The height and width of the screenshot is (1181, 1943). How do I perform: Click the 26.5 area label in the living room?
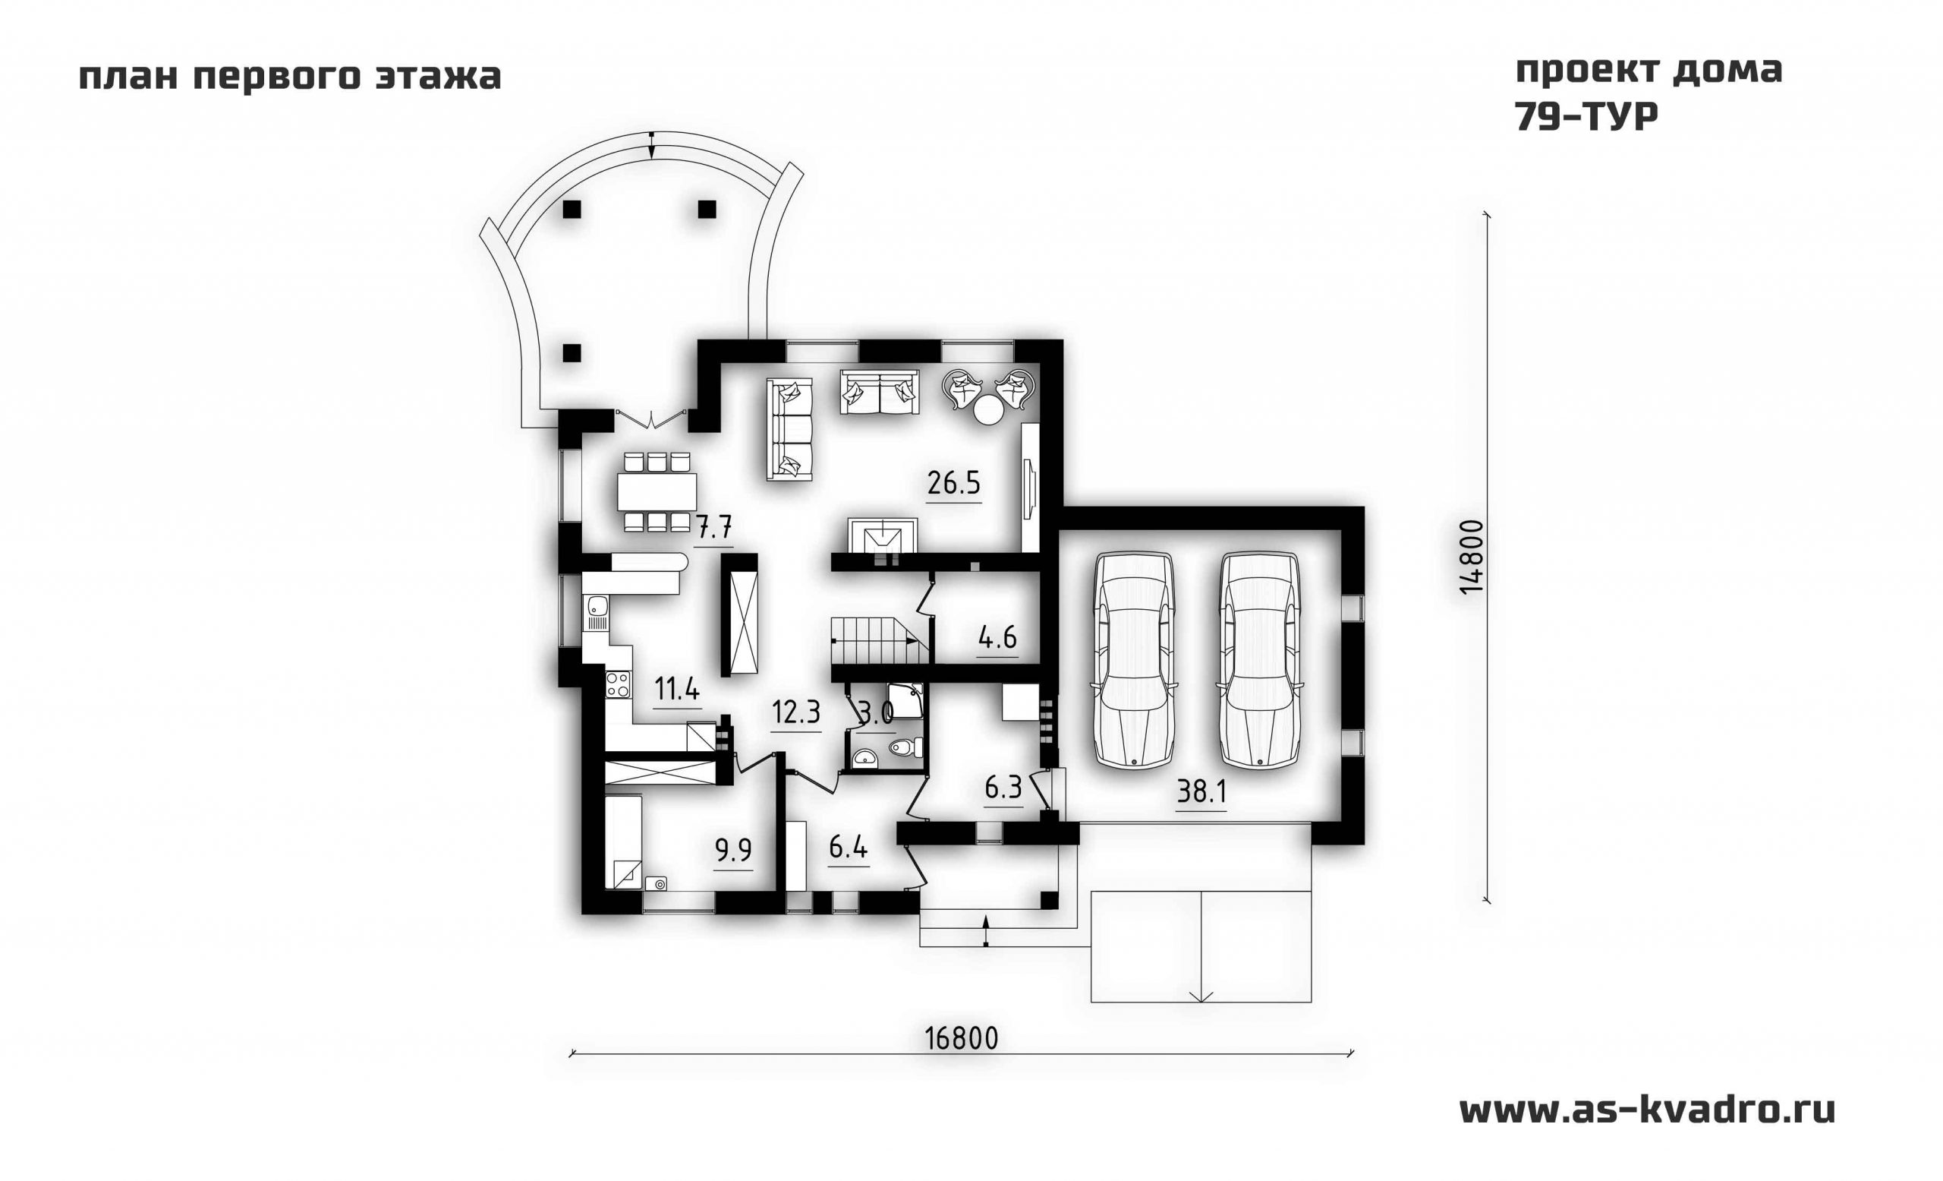953,483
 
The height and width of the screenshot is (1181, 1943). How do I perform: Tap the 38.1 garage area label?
1201,791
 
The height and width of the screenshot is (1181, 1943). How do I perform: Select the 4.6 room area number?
997,636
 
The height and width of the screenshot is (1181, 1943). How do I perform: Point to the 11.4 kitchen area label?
677,690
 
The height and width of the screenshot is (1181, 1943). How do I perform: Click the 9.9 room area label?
732,851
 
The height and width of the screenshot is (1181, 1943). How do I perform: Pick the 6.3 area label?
1003,787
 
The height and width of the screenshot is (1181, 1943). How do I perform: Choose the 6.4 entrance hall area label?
849,848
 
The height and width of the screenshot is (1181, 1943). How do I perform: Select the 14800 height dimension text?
1472,557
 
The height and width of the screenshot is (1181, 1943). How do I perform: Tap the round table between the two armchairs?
988,410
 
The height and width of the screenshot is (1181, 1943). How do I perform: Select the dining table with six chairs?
657,491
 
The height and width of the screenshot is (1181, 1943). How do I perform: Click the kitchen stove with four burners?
618,684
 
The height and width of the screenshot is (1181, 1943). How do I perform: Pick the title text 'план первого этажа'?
289,77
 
